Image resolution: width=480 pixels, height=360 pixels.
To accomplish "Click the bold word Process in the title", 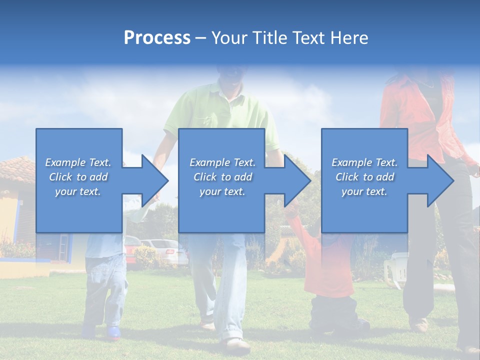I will [157, 38].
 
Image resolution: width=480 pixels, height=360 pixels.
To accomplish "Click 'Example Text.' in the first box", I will [78, 162].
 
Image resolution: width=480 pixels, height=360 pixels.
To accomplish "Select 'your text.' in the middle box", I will [222, 191].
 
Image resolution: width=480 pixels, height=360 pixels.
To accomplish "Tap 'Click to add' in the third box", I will [364, 177].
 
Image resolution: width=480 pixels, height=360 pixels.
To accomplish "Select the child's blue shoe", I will [113, 332].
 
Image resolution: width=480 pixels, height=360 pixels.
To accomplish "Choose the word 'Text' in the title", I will [307, 38].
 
